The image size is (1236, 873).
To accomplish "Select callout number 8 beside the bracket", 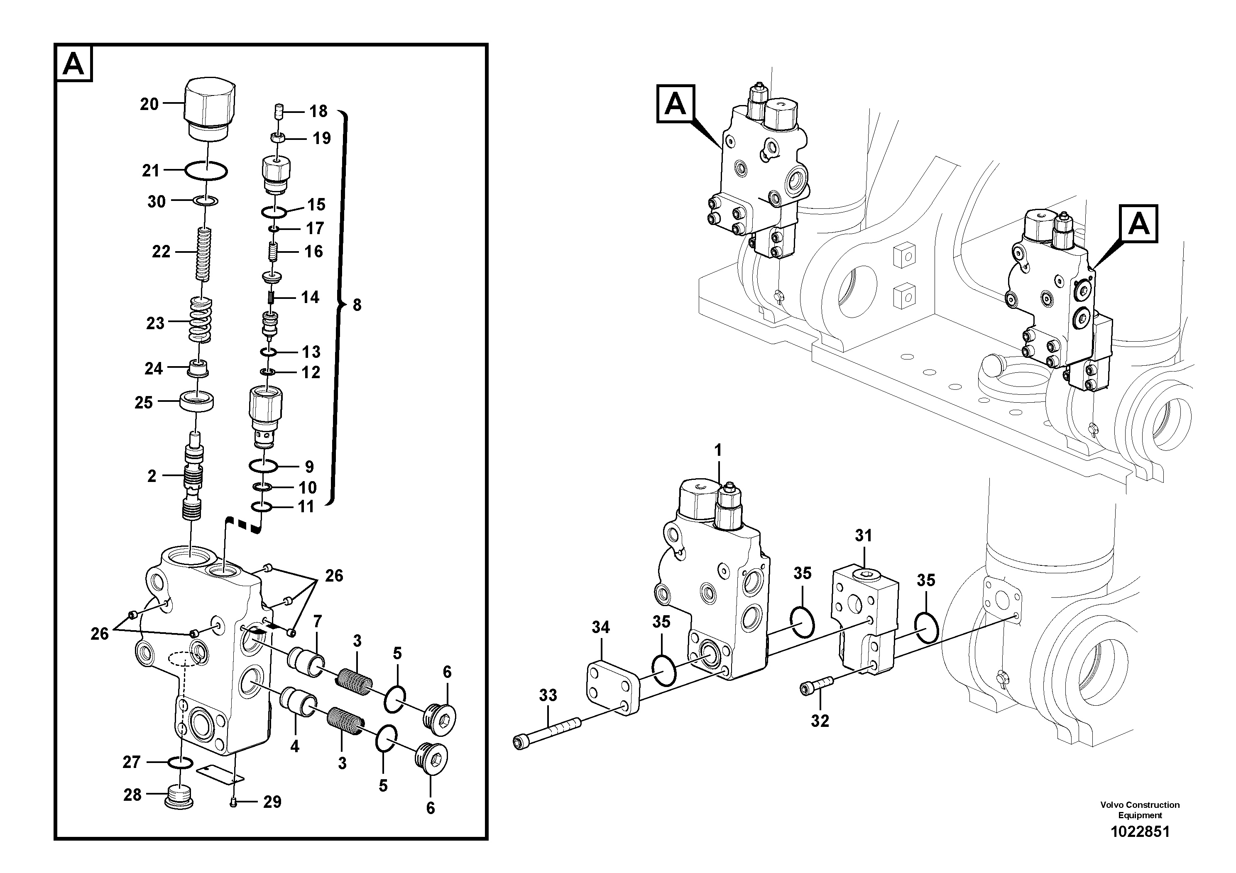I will click(x=357, y=305).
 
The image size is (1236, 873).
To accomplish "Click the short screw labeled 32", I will click(x=816, y=687).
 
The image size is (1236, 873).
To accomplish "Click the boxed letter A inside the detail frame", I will click(x=74, y=64).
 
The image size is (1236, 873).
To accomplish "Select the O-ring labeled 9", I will click(x=263, y=465).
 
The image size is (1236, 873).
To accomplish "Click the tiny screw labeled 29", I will click(x=233, y=802).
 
